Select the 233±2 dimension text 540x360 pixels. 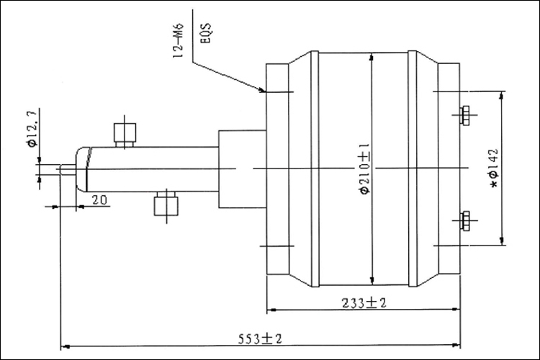pos(363,303)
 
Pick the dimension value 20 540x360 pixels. pos(99,199)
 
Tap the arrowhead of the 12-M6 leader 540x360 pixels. pos(264,91)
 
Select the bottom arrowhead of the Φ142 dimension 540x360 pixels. pos(501,243)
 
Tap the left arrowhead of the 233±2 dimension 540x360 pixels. pos(270,311)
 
